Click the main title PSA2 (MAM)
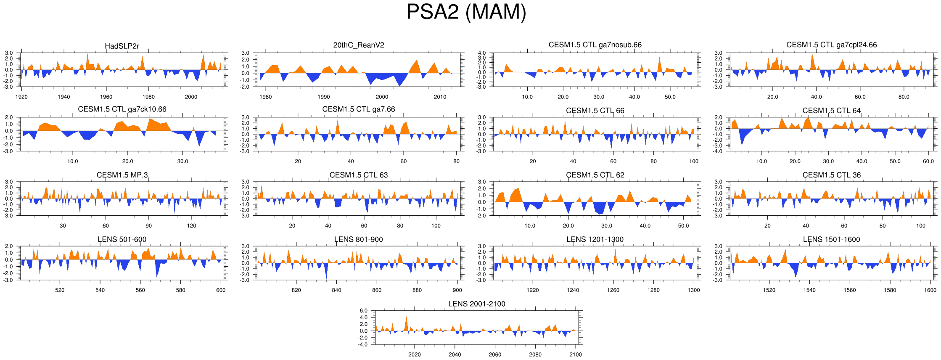tap(466, 12)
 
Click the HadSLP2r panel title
tap(122, 46)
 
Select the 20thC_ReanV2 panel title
tap(359, 45)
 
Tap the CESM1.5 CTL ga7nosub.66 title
tap(595, 45)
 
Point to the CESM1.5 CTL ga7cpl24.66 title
tap(831, 45)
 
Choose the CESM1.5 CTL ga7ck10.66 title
tap(122, 109)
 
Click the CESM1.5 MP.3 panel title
tap(122, 175)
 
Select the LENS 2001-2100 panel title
tap(476, 304)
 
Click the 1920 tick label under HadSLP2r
tap(21, 97)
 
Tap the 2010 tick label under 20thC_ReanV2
tap(440, 97)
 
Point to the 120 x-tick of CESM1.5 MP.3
tap(191, 226)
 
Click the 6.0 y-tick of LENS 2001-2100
tap(363, 311)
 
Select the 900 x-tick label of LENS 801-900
tap(457, 290)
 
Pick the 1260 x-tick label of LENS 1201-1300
tap(613, 290)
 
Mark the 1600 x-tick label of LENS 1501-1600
tap(930, 290)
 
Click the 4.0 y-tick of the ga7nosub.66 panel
tap(481, 53)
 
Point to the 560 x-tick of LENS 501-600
tap(140, 290)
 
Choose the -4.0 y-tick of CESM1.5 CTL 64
tap(718, 151)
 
